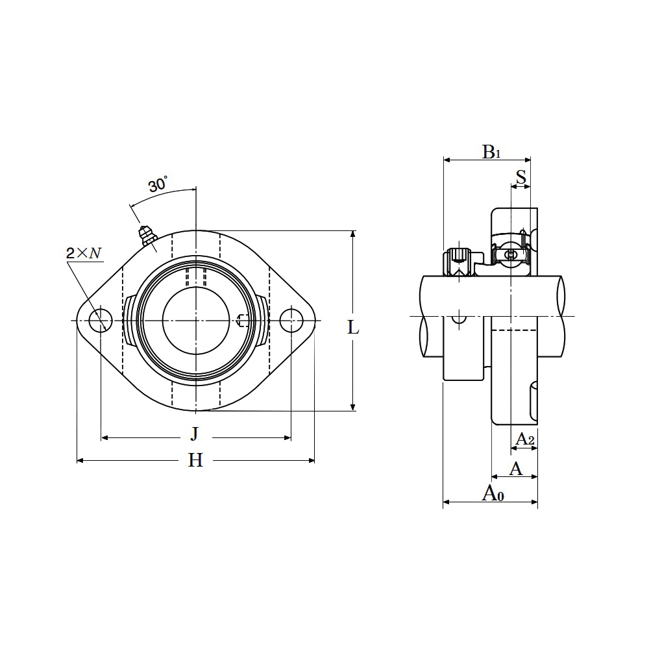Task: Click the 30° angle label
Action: (158, 184)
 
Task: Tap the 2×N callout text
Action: (83, 253)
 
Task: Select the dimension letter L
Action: (353, 328)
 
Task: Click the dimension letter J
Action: (195, 434)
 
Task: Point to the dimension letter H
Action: (196, 460)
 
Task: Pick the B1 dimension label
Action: (491, 153)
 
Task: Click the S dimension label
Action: (520, 177)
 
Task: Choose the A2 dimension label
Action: (525, 439)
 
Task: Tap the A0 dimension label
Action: (493, 493)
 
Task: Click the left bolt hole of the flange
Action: (101, 321)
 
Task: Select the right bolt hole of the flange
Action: (291, 321)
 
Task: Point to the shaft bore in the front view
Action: (196, 321)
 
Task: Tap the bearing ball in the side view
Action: (511, 255)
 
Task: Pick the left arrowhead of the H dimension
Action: (81, 460)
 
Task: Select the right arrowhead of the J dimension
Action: (287, 437)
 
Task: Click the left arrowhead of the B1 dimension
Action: (447, 160)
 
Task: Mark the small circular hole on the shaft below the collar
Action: (459, 318)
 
